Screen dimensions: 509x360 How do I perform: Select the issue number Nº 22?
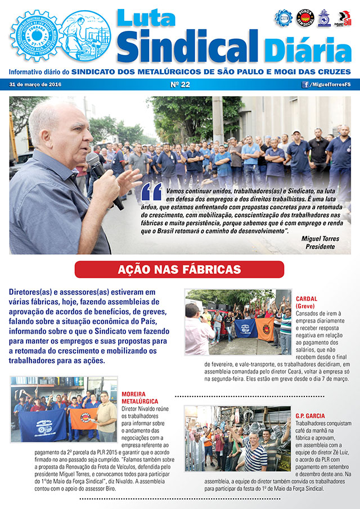coord(179,85)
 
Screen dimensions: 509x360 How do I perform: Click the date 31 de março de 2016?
coord(35,85)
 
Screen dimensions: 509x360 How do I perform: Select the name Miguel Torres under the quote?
coord(318,238)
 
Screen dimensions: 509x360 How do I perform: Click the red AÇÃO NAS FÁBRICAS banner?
coord(179,269)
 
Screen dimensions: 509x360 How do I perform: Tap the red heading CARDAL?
coord(307,299)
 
